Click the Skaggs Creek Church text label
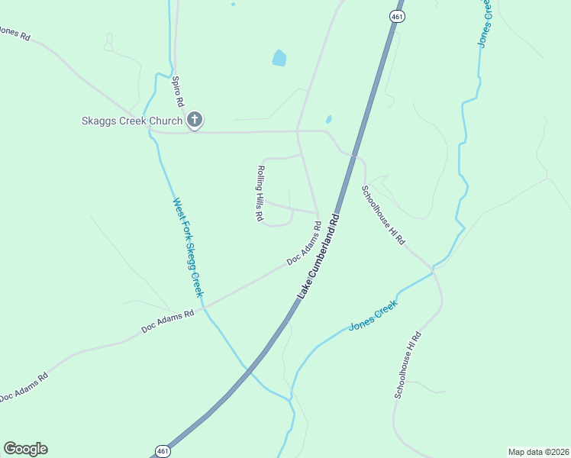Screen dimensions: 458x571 (132, 121)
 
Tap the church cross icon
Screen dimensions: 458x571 (194, 119)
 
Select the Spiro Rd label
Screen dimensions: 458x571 (178, 91)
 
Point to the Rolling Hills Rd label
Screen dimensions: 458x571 (260, 193)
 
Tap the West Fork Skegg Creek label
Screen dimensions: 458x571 (188, 247)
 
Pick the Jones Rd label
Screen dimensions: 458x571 (14, 34)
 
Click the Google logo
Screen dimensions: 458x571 (25, 449)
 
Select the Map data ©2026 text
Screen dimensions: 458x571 (538, 451)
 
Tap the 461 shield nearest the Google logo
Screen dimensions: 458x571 (161, 451)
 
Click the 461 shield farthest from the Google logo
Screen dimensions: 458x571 (396, 16)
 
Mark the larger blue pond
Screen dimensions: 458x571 (279, 57)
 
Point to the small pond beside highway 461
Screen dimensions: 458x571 (328, 119)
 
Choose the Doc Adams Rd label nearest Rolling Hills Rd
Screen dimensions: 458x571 (304, 244)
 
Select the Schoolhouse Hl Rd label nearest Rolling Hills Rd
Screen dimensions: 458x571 (383, 214)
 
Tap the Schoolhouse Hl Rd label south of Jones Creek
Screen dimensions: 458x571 (407, 364)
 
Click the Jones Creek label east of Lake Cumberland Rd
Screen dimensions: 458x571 (373, 314)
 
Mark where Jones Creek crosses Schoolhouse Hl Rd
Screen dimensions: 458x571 (433, 269)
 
